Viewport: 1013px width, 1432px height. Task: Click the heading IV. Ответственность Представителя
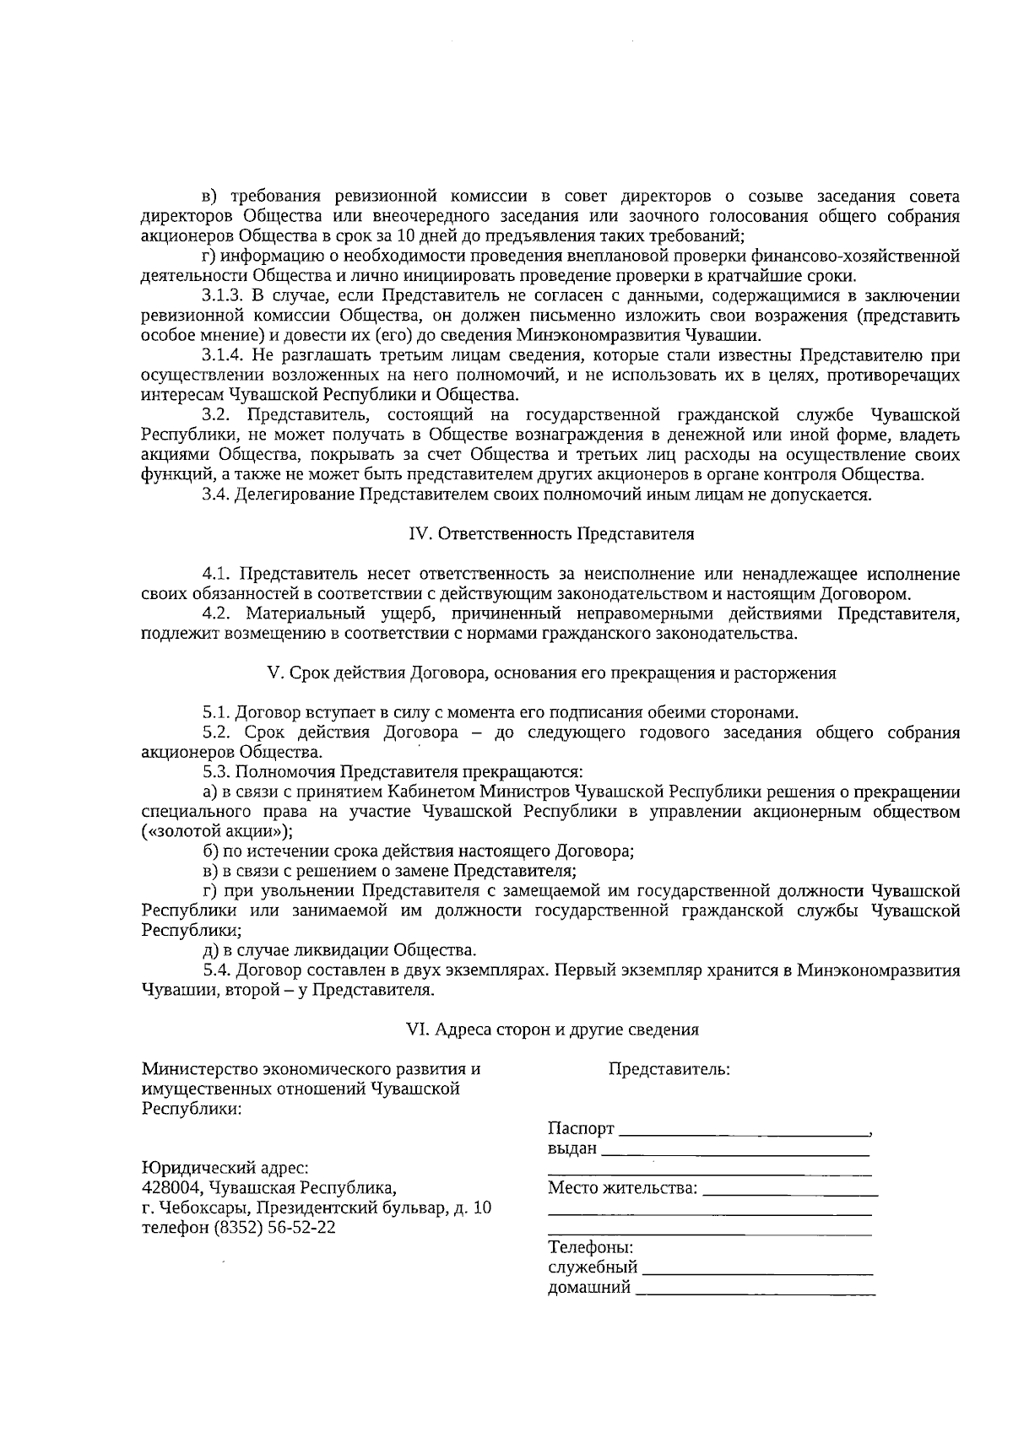click(x=550, y=534)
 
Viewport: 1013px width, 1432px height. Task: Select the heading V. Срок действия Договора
click(x=550, y=673)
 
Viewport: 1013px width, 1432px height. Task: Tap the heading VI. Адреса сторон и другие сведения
click(x=552, y=1029)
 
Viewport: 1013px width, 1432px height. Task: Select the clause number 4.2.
click(x=218, y=613)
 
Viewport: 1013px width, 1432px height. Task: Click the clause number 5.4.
click(x=218, y=970)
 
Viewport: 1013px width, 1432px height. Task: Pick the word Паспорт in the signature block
click(x=581, y=1129)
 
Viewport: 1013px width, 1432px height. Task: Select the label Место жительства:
click(x=623, y=1189)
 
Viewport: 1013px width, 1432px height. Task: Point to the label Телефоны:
click(x=590, y=1248)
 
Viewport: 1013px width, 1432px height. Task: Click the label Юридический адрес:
click(x=225, y=1169)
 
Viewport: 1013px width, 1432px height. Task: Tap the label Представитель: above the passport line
click(x=669, y=1069)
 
